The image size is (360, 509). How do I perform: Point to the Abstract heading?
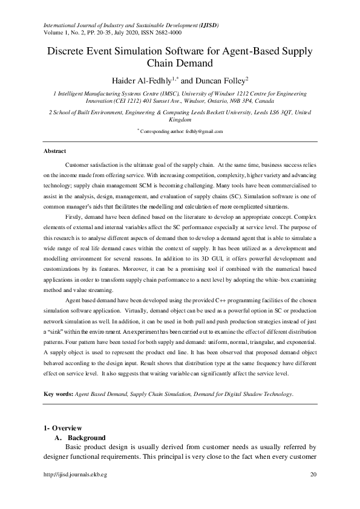[55, 151]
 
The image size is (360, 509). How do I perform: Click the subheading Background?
[87, 437]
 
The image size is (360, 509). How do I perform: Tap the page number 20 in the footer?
[313, 475]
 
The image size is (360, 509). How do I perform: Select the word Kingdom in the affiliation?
[180, 120]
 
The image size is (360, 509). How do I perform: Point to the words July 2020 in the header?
[115, 33]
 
